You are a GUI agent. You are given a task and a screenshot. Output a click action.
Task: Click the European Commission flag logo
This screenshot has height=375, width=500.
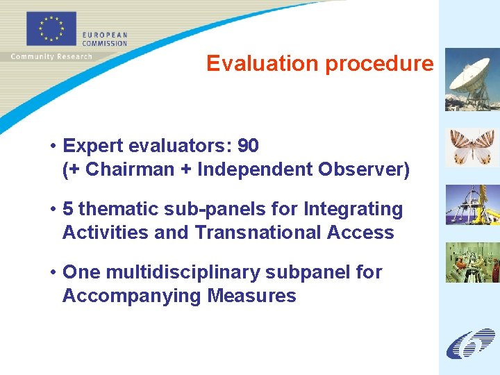tap(51, 30)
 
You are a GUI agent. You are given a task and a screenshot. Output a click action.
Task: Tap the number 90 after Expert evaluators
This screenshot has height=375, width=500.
tap(248, 146)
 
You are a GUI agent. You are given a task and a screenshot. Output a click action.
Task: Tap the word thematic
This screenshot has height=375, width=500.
tap(118, 209)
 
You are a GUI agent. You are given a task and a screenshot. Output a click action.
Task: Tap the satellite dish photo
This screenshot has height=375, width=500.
tap(472, 79)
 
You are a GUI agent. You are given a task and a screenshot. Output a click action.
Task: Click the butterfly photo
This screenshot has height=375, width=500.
tap(472, 147)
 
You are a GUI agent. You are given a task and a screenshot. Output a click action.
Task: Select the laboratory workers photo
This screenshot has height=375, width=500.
tap(472, 262)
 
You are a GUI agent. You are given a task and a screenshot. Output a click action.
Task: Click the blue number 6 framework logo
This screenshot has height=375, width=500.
tap(470, 343)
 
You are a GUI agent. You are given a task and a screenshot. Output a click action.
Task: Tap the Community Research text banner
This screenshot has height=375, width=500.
tap(51, 56)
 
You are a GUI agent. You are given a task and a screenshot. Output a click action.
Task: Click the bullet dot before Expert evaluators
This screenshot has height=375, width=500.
tap(53, 147)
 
